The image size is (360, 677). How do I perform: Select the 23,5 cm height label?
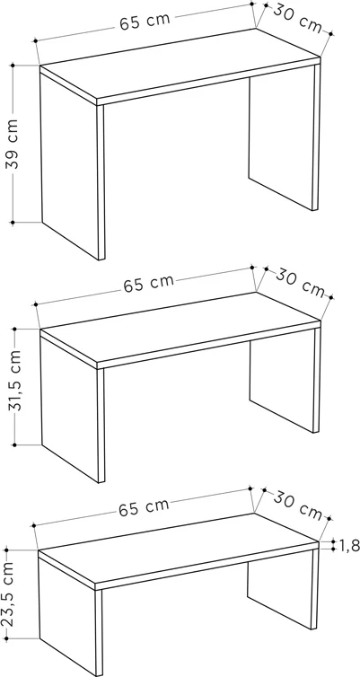(x=8, y=593)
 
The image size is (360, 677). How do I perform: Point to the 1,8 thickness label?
(x=348, y=544)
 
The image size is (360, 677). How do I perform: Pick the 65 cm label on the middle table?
(x=148, y=283)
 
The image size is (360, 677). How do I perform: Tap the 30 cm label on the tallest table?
(x=297, y=18)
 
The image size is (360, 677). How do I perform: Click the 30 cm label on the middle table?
(x=301, y=282)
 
